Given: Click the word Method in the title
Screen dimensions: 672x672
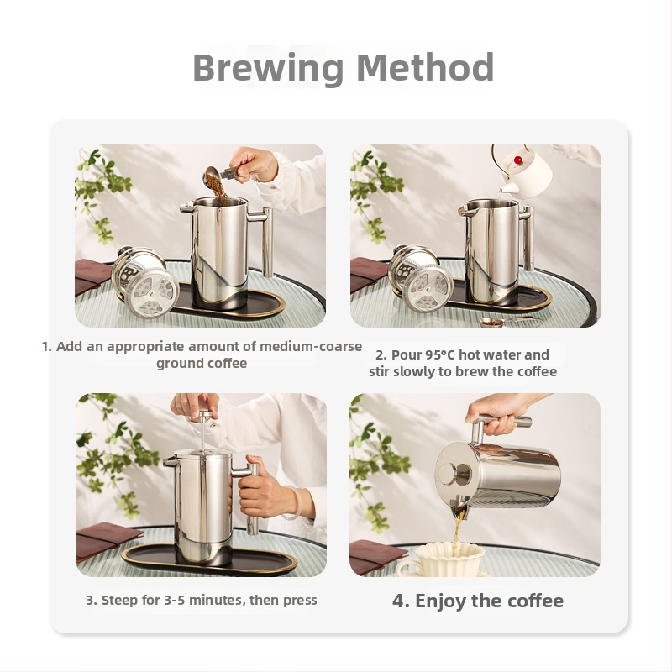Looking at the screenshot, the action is tap(425, 67).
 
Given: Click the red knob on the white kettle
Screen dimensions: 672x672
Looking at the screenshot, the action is tap(518, 160).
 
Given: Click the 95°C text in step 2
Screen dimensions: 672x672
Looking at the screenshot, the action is tap(440, 354).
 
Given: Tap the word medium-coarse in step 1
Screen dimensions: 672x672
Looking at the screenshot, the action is tap(311, 346).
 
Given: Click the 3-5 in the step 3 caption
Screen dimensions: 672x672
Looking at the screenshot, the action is tap(175, 600).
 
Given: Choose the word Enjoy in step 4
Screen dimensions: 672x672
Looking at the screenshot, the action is tap(440, 601).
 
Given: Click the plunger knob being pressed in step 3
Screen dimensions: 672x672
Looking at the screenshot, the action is tap(205, 414).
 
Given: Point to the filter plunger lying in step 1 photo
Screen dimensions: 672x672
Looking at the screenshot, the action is tap(144, 281).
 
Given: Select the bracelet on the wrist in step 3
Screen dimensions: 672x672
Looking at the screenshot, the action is tap(296, 503).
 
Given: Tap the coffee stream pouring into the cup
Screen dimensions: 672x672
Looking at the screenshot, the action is tap(457, 533).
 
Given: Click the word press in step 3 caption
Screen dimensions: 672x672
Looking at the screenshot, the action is tap(299, 601).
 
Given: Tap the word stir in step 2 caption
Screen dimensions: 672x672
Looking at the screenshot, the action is tap(379, 371).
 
